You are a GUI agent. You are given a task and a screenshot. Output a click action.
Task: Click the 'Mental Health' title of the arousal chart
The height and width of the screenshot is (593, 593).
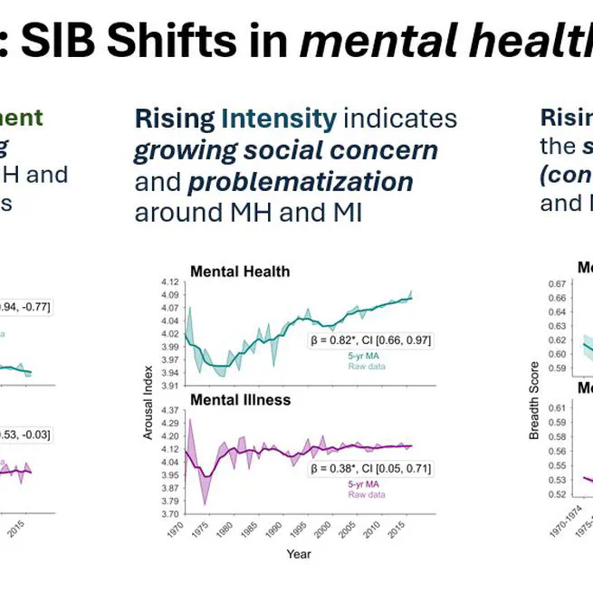[240, 271]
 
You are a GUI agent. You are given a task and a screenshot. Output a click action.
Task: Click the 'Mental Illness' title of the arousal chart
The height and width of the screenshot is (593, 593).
[240, 399]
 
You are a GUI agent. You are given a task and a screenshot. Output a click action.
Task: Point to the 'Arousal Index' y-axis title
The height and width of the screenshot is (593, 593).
[148, 397]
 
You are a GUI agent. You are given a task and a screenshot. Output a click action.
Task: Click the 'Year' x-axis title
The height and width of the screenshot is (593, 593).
[299, 552]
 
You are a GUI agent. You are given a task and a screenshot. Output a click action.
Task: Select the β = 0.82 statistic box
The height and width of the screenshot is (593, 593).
[372, 340]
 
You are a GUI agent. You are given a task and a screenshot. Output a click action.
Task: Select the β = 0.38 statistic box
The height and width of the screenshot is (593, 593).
[372, 469]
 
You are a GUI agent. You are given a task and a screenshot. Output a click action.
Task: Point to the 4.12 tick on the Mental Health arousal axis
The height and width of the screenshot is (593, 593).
[168, 282]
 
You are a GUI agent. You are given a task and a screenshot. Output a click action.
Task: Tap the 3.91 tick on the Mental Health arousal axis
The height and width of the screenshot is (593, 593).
[168, 386]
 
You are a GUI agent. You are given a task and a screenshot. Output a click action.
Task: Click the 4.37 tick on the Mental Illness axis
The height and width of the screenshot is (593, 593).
[168, 411]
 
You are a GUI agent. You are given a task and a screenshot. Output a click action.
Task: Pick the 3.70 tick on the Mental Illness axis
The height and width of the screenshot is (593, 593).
[168, 513]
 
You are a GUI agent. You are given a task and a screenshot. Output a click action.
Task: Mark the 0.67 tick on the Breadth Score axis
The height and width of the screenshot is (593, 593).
[556, 283]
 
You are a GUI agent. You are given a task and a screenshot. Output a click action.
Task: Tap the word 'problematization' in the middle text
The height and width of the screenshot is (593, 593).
[301, 181]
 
